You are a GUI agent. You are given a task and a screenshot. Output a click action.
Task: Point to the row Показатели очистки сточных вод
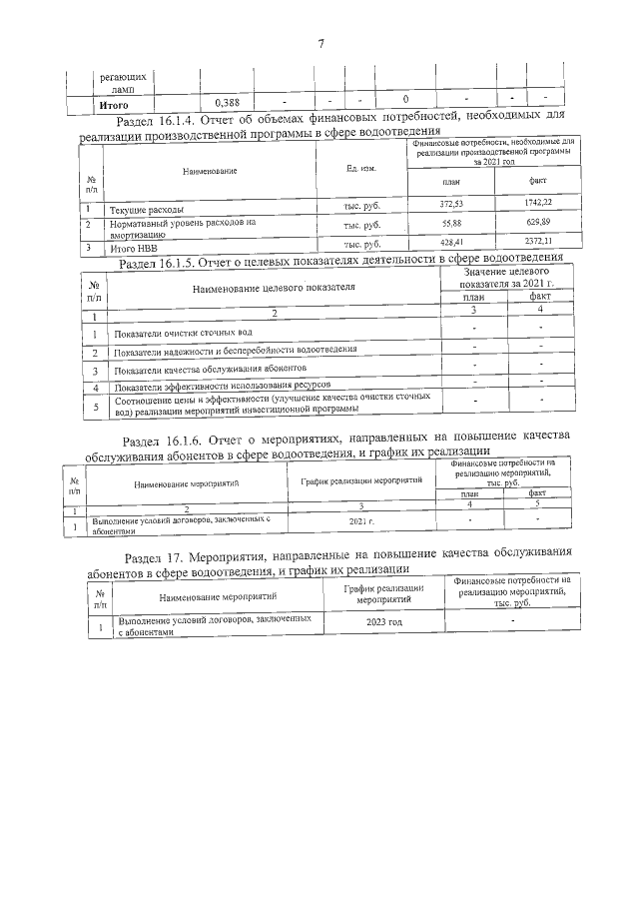tap(182, 333)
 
